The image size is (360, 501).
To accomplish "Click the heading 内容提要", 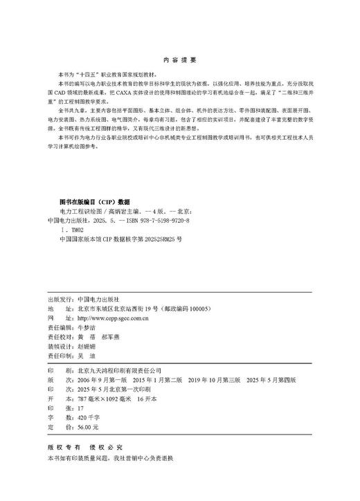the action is click(x=179, y=60).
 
